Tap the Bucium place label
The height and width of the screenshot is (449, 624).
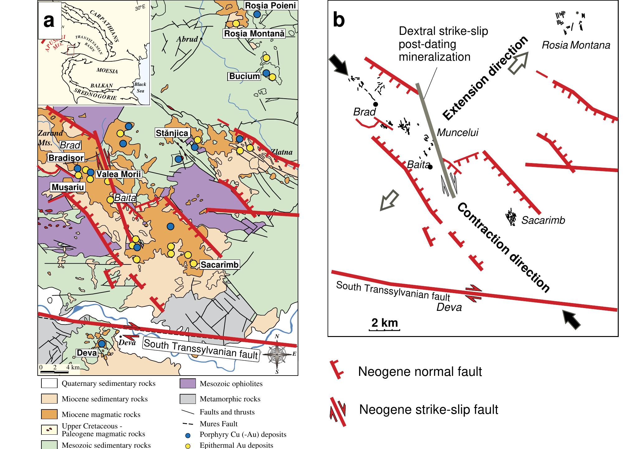tap(244, 76)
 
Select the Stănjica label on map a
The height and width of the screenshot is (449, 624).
tap(172, 133)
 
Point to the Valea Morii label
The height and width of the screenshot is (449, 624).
tap(119, 174)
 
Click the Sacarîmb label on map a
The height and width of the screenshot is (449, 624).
tap(220, 264)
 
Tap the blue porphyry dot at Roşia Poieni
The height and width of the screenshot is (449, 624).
tap(257, 14)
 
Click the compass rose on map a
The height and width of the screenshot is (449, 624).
tap(278, 354)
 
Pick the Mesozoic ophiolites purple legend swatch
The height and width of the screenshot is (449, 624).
tap(188, 384)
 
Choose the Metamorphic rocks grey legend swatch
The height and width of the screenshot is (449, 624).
tap(188, 399)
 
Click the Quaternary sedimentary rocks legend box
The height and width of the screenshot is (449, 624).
tap(49, 383)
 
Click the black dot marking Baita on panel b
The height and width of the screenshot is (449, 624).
tap(430, 167)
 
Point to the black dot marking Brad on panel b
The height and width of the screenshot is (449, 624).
tap(376, 104)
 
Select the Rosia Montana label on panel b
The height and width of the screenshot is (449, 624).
tap(576, 45)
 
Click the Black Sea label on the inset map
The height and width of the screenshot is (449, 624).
tap(140, 87)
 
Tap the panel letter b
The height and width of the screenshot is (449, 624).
tap(339, 20)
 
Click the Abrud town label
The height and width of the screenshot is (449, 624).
tap(187, 39)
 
